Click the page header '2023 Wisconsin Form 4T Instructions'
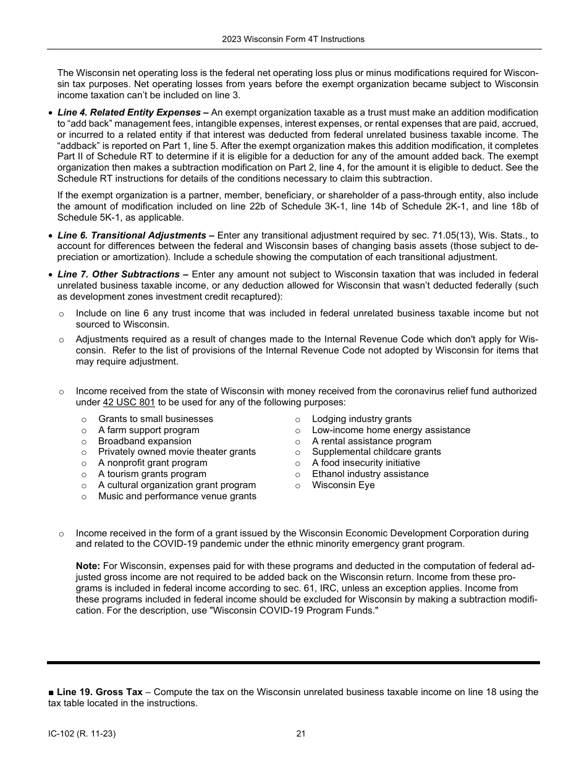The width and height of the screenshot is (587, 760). (293, 39)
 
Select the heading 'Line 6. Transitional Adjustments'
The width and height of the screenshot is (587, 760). (132, 235)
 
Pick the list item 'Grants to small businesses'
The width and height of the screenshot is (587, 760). (155, 419)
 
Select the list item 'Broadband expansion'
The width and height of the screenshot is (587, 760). (145, 441)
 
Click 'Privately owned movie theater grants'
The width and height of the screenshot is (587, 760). (177, 452)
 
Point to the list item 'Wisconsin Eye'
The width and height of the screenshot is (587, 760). (343, 485)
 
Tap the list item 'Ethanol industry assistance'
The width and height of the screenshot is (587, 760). (370, 474)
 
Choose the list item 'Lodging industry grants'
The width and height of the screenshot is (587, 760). (361, 419)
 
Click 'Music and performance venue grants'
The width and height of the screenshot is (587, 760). (177, 496)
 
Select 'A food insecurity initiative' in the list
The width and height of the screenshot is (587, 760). (366, 463)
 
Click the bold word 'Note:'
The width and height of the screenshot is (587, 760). (88, 566)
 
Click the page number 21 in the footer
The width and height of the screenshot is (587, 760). (301, 734)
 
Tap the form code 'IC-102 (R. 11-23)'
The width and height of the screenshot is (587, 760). (82, 734)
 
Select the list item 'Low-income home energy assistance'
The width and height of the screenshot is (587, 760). (391, 430)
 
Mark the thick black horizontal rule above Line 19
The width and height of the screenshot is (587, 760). (293, 662)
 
